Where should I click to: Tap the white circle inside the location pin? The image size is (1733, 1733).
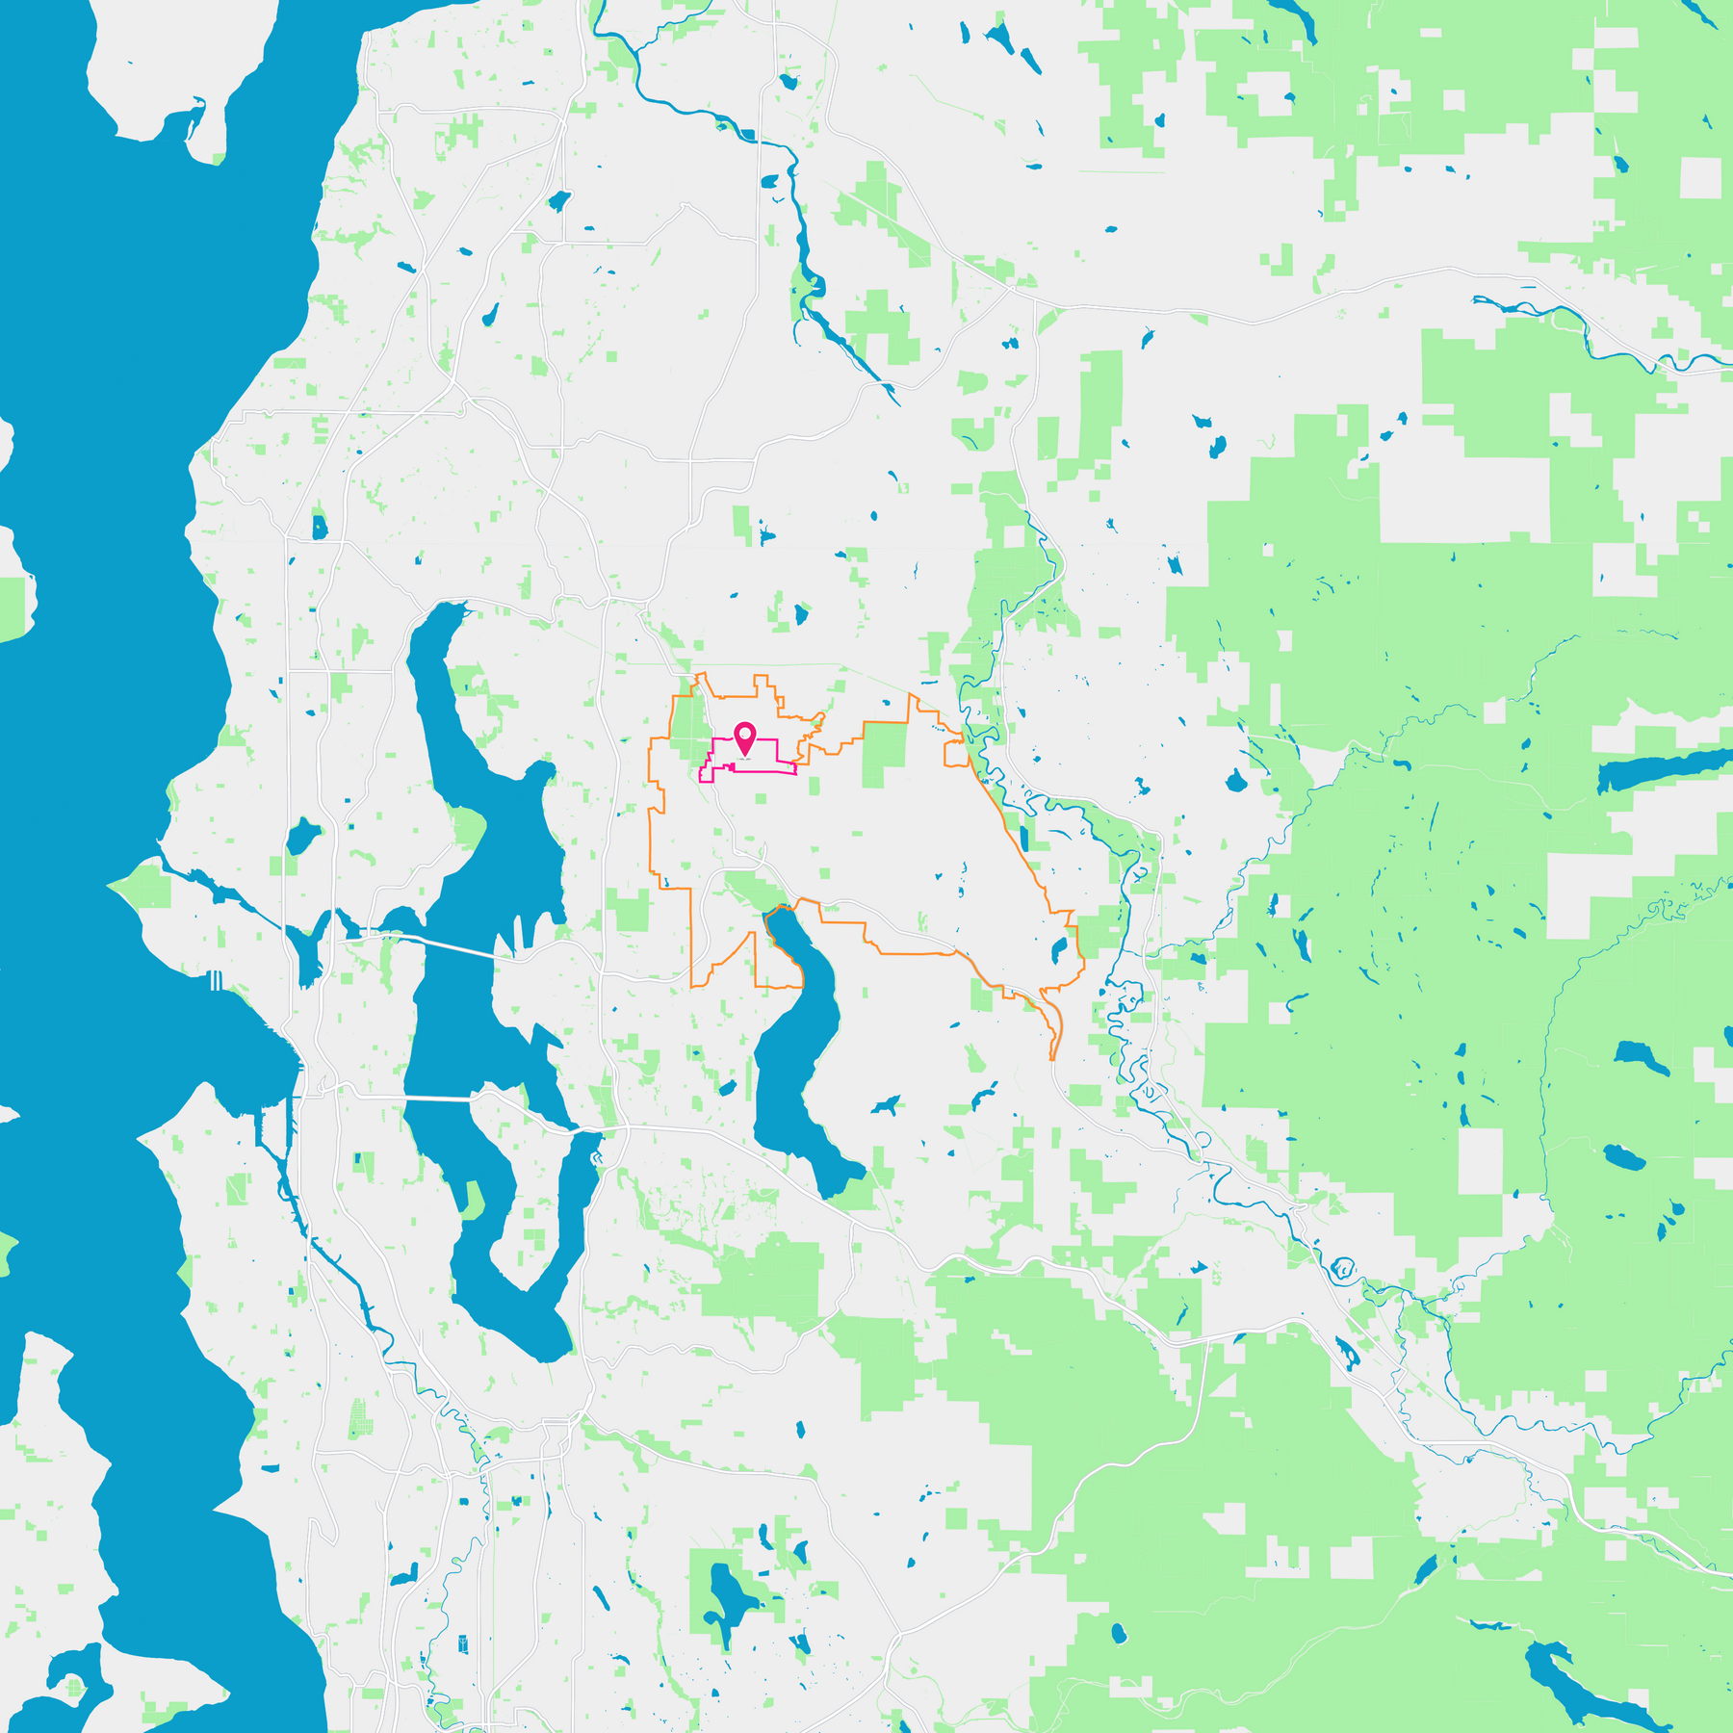[x=744, y=734]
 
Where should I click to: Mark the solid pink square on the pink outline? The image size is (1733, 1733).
[x=733, y=766]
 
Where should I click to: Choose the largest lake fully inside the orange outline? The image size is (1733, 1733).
[x=1058, y=951]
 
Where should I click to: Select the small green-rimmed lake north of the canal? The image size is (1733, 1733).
[x=303, y=835]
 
